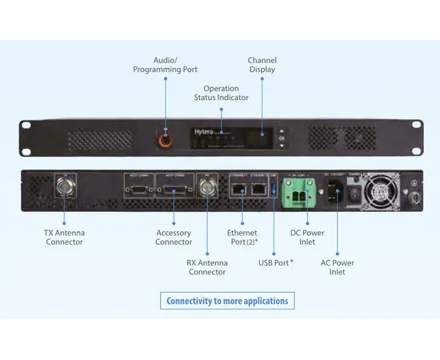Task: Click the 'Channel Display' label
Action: (x=262, y=65)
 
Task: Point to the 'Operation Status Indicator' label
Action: (x=221, y=93)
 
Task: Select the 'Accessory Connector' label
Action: (x=174, y=238)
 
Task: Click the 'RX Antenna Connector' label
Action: (x=207, y=267)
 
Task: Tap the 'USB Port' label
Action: (x=274, y=262)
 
